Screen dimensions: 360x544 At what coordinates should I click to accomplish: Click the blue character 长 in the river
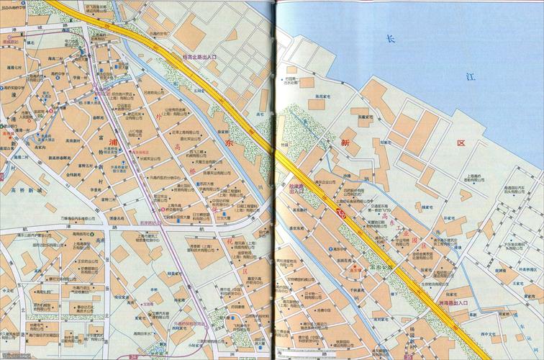(389, 39)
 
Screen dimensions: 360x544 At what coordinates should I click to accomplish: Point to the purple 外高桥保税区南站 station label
(180, 323)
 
